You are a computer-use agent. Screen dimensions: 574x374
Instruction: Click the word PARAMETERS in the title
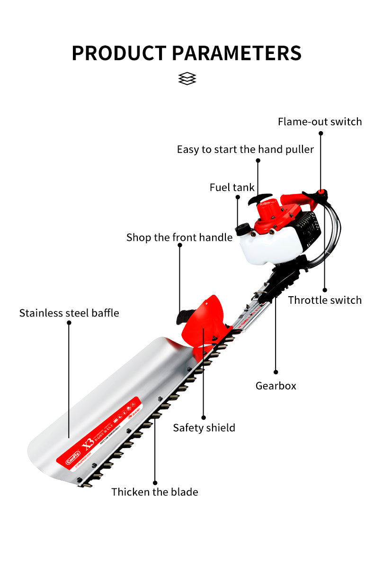click(238, 53)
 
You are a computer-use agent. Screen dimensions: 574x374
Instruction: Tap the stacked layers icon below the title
click(187, 79)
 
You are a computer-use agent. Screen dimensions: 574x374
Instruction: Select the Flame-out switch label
click(320, 122)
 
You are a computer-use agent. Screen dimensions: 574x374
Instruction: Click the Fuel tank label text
click(232, 187)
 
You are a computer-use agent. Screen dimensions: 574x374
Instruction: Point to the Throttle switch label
click(325, 300)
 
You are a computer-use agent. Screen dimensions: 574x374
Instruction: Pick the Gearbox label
click(276, 386)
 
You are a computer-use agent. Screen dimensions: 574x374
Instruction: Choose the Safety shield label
click(204, 428)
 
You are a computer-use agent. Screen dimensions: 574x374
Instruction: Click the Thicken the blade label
click(154, 492)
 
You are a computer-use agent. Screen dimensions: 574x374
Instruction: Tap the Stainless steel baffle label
click(69, 313)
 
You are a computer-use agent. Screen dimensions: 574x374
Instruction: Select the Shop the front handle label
click(179, 237)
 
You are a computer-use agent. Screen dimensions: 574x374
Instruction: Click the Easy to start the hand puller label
click(245, 150)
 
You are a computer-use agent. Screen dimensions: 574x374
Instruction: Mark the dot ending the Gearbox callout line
click(276, 372)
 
